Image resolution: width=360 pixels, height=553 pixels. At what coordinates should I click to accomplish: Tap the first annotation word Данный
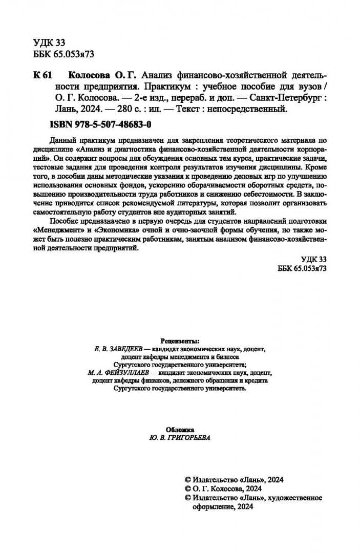[x=62, y=140]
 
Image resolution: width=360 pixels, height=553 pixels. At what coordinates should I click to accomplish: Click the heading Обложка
[x=180, y=429]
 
